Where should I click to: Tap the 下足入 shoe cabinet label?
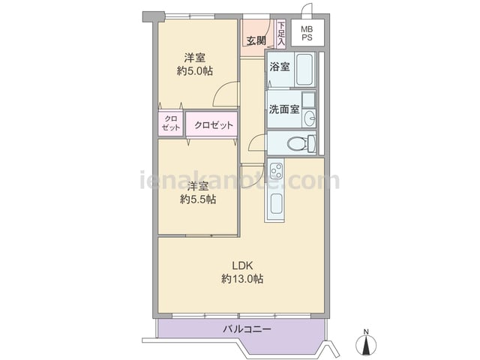280,34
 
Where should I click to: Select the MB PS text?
307,34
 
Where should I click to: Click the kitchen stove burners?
275,170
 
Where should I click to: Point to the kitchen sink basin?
275,203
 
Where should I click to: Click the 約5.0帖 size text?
195,71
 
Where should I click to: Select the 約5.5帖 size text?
198,199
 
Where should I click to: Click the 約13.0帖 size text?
241,279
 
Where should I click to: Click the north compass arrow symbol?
366,344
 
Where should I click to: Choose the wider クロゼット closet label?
213,125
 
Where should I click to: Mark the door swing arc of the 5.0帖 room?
222,95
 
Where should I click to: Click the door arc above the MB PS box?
306,10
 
